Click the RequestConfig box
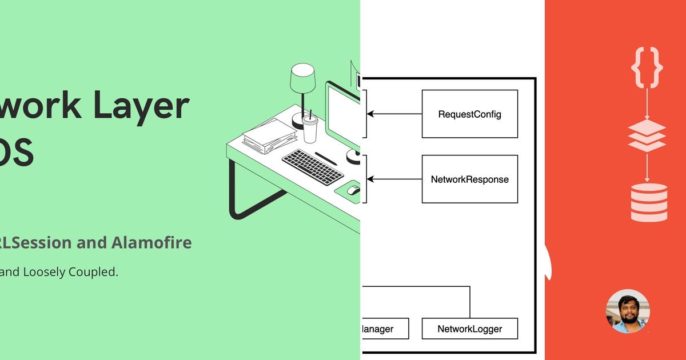pos(469,114)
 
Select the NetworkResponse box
pos(469,179)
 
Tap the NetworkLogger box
pos(469,329)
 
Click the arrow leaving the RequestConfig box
pos(394,114)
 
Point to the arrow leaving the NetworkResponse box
pos(394,179)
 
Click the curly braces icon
pos(647,67)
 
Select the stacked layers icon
pos(647,136)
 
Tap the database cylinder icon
pos(649,202)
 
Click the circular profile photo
pos(628,311)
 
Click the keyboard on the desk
pos(313,167)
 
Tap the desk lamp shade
pos(302,77)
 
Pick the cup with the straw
pos(310,128)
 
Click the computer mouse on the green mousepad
pos(354,190)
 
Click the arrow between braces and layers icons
pos(647,104)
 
